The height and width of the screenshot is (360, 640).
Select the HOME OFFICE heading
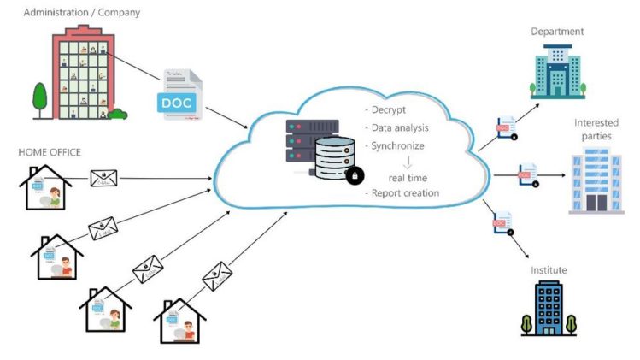point(50,152)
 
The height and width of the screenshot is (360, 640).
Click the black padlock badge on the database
point(355,175)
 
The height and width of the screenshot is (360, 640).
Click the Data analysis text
point(400,128)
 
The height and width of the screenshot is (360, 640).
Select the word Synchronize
point(398,146)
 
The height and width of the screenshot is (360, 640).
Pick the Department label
point(557,32)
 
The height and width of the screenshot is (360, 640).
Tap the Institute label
point(549,271)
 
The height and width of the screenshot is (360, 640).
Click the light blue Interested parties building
point(596,180)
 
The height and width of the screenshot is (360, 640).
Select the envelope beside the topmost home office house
point(104,178)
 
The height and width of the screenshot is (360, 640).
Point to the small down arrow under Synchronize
point(408,162)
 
